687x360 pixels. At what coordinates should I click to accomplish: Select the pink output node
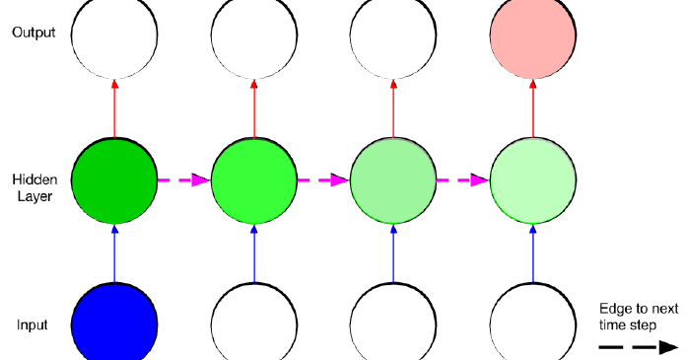click(x=533, y=36)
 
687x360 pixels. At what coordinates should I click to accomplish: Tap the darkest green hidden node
click(x=114, y=180)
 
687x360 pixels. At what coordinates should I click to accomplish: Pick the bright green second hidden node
click(x=254, y=180)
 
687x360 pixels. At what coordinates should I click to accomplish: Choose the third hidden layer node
click(x=393, y=180)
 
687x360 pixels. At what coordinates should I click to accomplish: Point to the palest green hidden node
click(x=533, y=180)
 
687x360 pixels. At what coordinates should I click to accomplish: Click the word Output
click(x=34, y=33)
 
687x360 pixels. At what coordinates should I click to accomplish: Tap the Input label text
click(x=33, y=324)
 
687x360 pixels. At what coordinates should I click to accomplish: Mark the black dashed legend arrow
click(x=639, y=346)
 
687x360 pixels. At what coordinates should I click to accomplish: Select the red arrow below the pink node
click(x=533, y=108)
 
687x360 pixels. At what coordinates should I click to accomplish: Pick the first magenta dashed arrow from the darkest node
click(x=184, y=180)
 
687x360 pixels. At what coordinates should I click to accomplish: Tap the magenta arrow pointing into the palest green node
click(x=463, y=180)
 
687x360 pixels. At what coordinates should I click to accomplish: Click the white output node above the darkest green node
click(x=114, y=36)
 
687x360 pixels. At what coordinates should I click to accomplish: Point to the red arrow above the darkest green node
click(x=114, y=108)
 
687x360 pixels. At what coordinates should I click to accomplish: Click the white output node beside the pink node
click(x=393, y=36)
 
